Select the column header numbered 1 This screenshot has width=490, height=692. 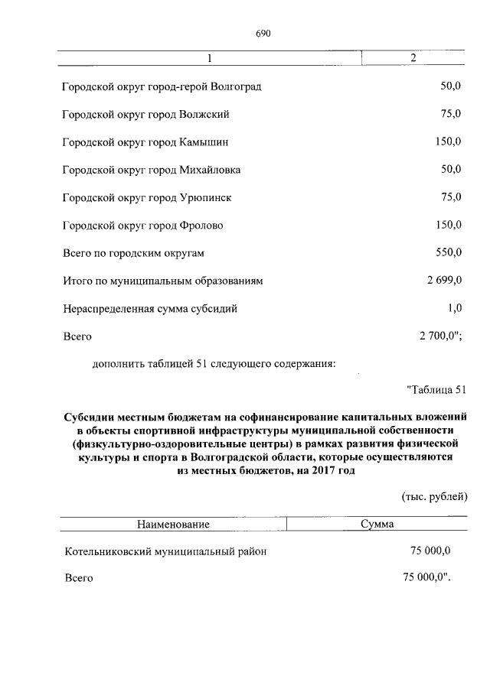click(x=209, y=59)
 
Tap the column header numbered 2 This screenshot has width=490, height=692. click(x=413, y=59)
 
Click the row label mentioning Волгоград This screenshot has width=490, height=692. click(x=162, y=86)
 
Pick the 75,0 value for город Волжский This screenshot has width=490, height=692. click(x=450, y=114)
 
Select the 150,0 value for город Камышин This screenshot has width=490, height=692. click(x=448, y=141)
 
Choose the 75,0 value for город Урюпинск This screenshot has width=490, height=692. click(x=450, y=197)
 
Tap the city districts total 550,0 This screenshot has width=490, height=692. click(x=448, y=252)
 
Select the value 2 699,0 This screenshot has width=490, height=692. click(x=444, y=281)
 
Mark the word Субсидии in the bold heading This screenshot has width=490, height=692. click(x=88, y=417)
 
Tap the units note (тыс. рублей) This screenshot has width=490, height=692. click(x=434, y=498)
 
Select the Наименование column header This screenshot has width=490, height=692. click(x=173, y=525)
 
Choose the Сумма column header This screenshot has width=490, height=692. click(x=377, y=525)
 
